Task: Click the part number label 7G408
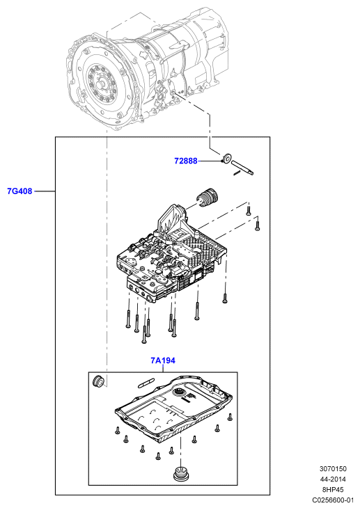coord(19,191)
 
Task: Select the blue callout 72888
coord(186,161)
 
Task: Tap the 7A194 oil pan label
coord(163,360)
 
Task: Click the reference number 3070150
coord(333,469)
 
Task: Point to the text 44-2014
coord(333,479)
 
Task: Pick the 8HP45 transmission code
coord(333,490)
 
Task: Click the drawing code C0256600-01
coord(333,500)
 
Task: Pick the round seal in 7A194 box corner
coord(98,381)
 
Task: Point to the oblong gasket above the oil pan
coord(146,383)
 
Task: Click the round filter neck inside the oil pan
coord(179,392)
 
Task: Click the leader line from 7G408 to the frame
coord(45,191)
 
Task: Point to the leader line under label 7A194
coord(163,368)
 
